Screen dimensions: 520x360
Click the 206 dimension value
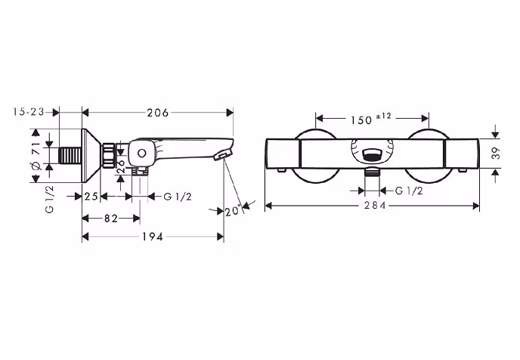pyautogui.click(x=158, y=113)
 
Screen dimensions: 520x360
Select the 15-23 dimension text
pyautogui.click(x=29, y=112)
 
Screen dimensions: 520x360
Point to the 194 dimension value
pyautogui.click(x=153, y=237)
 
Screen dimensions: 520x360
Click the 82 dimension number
pyautogui.click(x=111, y=219)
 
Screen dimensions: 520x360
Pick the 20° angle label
pyautogui.click(x=233, y=211)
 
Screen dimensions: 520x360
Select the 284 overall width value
pyautogui.click(x=375, y=206)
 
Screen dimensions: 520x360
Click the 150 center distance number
pyautogui.click(x=361, y=120)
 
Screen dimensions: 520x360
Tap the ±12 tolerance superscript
pyautogui.click(x=384, y=116)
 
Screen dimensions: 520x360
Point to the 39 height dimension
pyautogui.click(x=496, y=153)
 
